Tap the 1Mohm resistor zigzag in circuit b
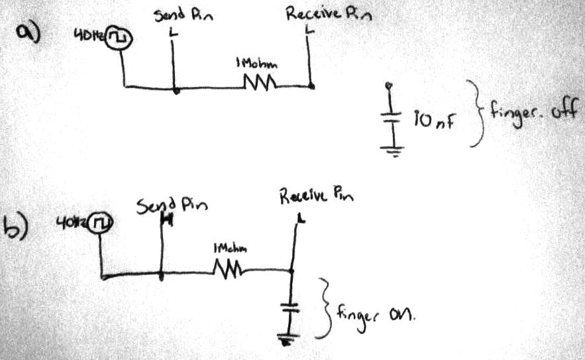[229, 270]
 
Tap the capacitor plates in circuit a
[392, 117]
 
